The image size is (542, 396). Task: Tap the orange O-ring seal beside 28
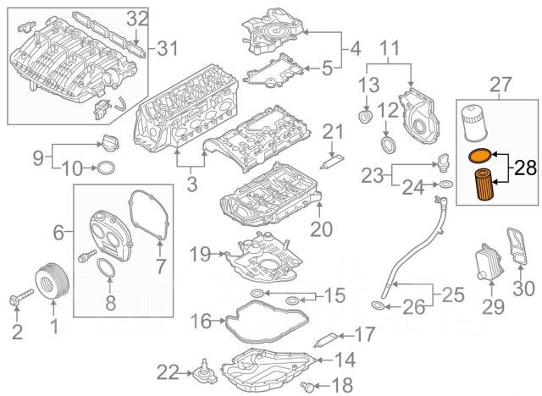[479, 156]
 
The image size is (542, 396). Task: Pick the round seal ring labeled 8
[105, 270]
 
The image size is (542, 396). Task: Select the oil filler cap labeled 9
[107, 140]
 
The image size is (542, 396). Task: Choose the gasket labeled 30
[516, 250]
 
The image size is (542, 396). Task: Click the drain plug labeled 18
[306, 386]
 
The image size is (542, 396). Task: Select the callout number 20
[322, 228]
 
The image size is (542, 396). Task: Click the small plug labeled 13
[366, 114]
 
